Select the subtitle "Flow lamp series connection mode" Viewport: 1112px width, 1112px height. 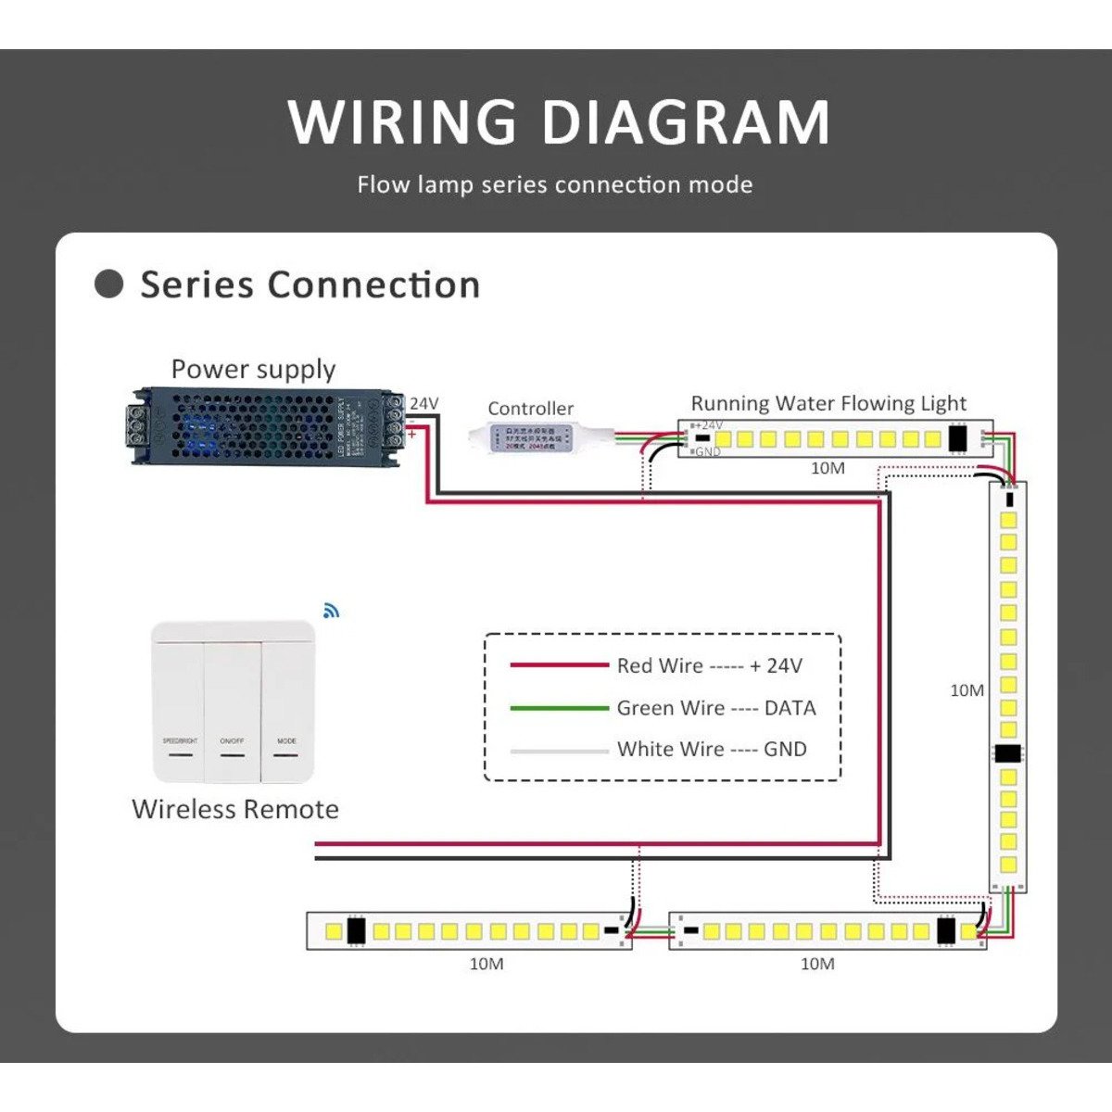click(x=554, y=184)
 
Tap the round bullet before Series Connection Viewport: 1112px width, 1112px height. click(x=109, y=284)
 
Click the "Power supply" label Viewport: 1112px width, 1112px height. click(x=253, y=369)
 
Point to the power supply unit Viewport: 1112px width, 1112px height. click(x=265, y=426)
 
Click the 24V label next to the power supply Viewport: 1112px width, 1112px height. click(x=423, y=403)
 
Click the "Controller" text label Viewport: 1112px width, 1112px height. click(x=530, y=409)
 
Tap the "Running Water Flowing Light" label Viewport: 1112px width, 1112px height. click(x=828, y=403)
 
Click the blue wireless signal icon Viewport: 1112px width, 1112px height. click(x=332, y=611)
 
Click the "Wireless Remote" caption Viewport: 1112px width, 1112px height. click(x=235, y=809)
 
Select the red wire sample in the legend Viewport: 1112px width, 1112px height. click(x=559, y=665)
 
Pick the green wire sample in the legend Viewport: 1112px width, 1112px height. click(x=559, y=708)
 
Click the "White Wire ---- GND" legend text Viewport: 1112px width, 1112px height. click(x=712, y=749)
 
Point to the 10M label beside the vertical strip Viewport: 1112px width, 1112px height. click(x=967, y=690)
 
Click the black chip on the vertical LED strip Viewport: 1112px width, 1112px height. click(x=1007, y=753)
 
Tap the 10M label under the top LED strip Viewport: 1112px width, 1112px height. click(x=828, y=468)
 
